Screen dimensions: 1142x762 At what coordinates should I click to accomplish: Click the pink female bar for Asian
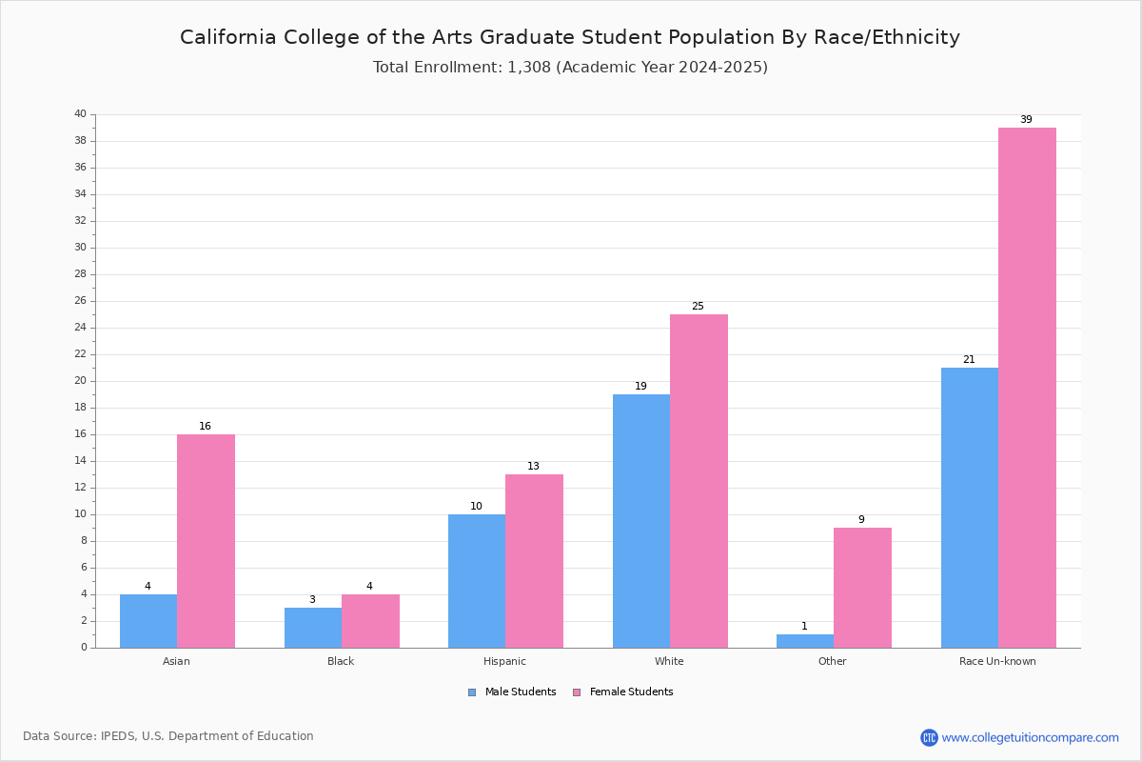[x=206, y=541]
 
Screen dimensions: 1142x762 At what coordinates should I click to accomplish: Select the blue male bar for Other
[x=805, y=641]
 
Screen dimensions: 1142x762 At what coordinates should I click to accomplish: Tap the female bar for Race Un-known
[x=1027, y=388]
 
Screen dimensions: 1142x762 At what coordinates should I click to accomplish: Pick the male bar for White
[x=641, y=521]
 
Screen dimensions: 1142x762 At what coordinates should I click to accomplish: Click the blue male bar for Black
[x=313, y=628]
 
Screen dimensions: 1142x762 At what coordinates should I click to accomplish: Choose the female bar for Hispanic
[x=534, y=561]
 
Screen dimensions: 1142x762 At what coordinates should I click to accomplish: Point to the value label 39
[x=1026, y=119]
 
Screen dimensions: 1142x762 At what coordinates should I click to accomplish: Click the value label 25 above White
[x=698, y=307]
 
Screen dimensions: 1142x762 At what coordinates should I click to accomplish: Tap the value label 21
[x=969, y=359]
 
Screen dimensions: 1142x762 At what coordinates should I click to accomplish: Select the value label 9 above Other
[x=861, y=519]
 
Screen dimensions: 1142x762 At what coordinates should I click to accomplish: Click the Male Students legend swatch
[x=472, y=692]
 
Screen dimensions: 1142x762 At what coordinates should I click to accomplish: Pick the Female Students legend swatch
[x=577, y=692]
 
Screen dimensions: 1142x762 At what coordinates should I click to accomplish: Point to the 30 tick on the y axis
[x=81, y=248]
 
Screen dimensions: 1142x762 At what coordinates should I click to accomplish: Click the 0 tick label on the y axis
[x=84, y=648]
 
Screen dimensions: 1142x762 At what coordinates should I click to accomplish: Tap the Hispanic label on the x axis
[x=504, y=661]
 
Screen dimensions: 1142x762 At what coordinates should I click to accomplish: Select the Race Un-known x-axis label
[x=997, y=661]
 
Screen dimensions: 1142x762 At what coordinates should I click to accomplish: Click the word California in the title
[x=228, y=37]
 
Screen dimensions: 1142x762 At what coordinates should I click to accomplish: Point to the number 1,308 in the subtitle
[x=529, y=68]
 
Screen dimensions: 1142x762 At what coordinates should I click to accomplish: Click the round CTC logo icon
[x=930, y=737]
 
